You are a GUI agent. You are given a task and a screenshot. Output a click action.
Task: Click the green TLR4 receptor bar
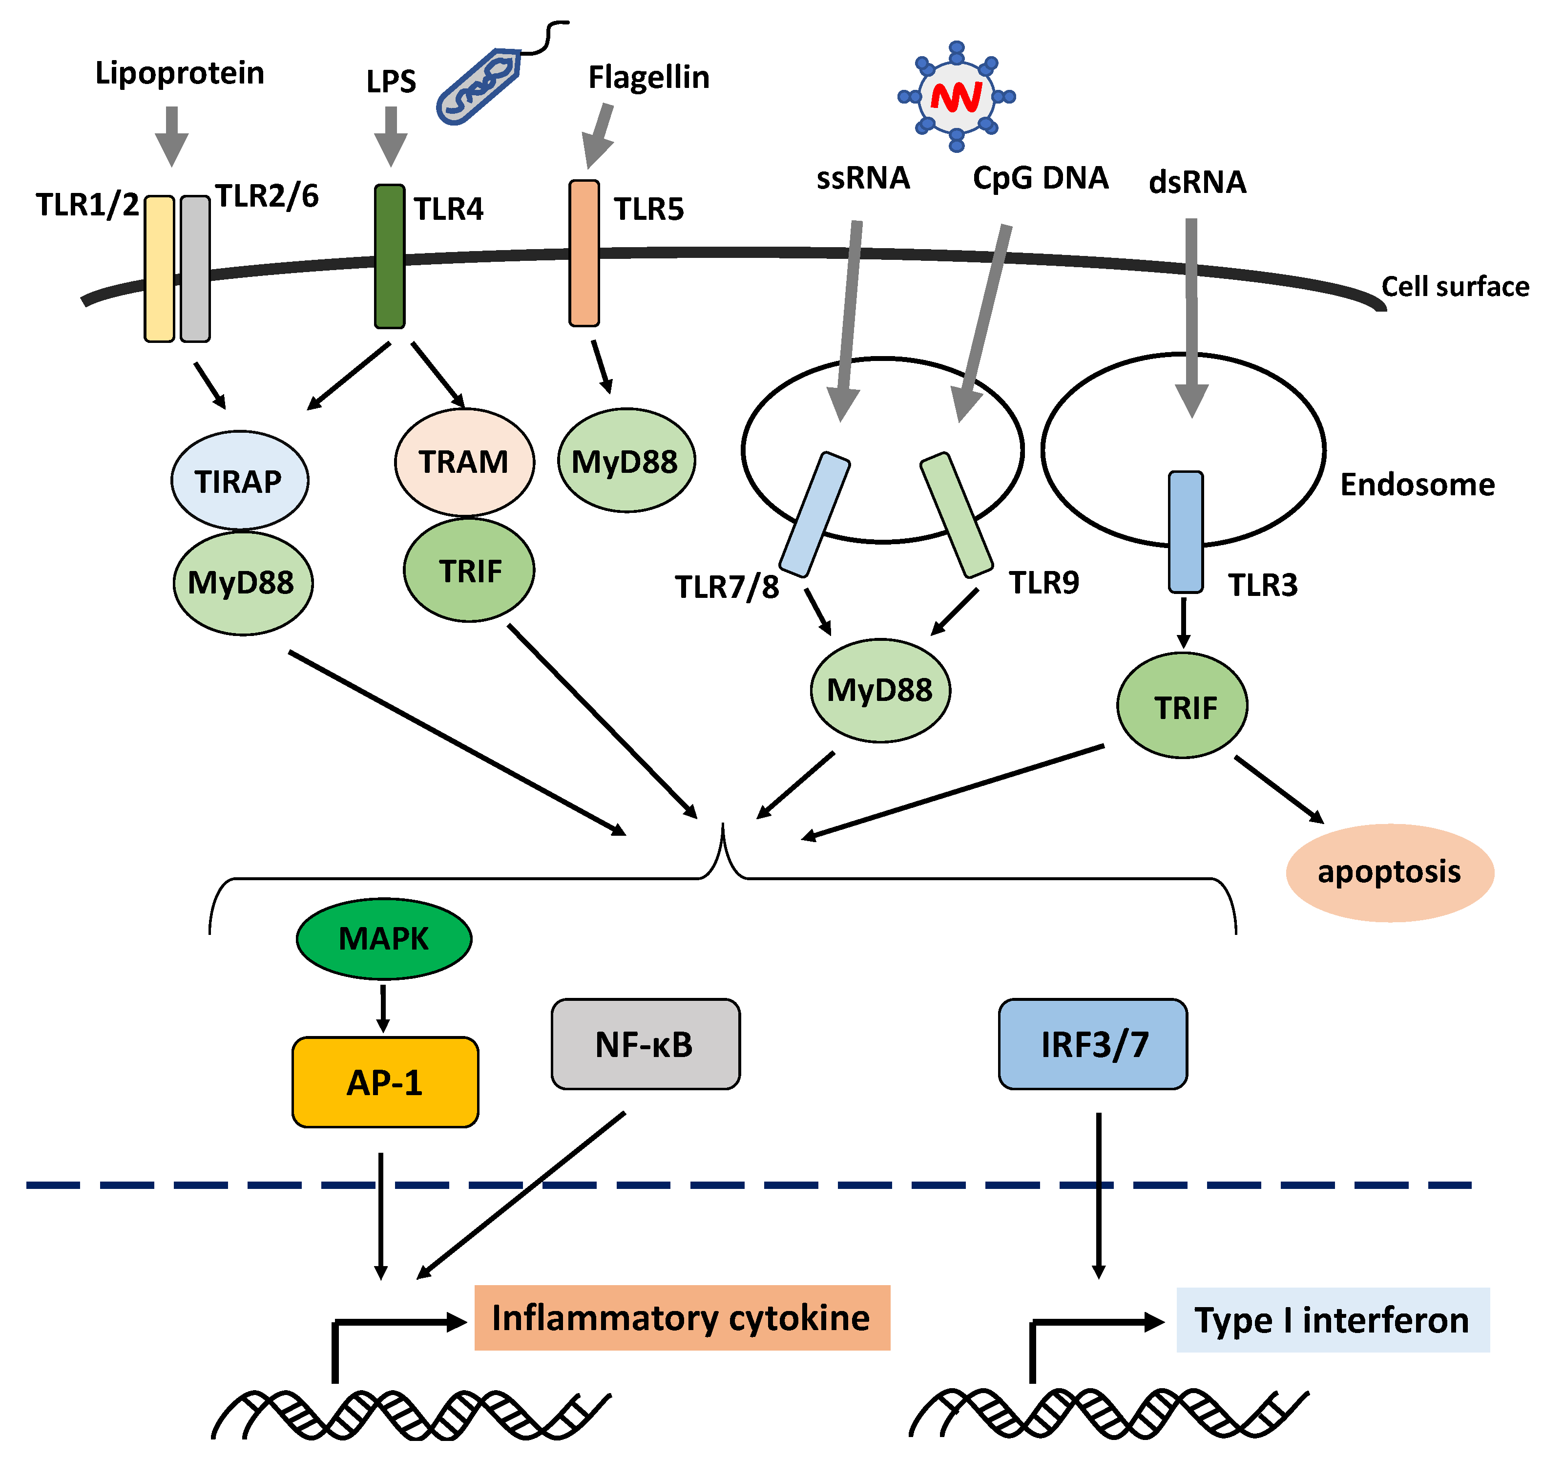[x=390, y=256]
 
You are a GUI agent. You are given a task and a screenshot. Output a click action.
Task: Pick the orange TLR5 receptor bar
[x=584, y=253]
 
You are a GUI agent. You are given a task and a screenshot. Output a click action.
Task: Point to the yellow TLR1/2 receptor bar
[x=159, y=268]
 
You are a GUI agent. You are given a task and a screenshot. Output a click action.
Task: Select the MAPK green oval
[x=383, y=939]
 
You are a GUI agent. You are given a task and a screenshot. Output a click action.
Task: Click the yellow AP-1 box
[x=385, y=1082]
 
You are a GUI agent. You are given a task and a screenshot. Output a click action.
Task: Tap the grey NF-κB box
[x=645, y=1044]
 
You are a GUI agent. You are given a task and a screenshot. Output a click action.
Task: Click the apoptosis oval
[x=1389, y=872]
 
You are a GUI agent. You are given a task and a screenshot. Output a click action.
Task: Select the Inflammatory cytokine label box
[x=681, y=1317]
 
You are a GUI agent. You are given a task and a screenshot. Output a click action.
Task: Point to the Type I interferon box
[x=1332, y=1320]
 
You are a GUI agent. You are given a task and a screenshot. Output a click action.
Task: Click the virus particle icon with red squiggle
[x=956, y=97]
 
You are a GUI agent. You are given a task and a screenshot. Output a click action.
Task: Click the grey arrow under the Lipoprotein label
[x=171, y=135]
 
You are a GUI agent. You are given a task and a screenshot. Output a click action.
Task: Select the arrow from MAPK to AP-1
[x=383, y=1007]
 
